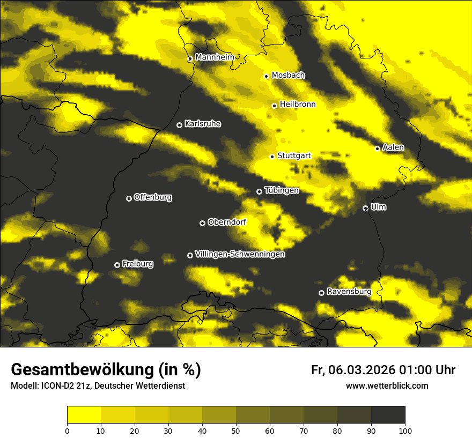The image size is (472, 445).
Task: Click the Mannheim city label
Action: pyautogui.click(x=215, y=57)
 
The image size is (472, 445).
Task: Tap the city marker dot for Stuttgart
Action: pyautogui.click(x=272, y=157)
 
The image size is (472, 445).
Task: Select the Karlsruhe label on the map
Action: pyautogui.click(x=202, y=124)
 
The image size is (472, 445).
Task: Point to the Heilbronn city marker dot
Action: pyautogui.click(x=274, y=106)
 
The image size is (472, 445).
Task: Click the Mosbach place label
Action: pyautogui.click(x=288, y=76)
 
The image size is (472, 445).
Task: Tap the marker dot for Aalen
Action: pyautogui.click(x=377, y=149)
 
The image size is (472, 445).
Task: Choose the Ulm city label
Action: pyautogui.click(x=378, y=207)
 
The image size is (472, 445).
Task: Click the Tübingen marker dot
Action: pyautogui.click(x=259, y=191)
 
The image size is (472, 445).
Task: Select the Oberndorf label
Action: pyautogui.click(x=227, y=222)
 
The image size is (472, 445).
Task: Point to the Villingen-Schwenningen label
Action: pyautogui.click(x=240, y=254)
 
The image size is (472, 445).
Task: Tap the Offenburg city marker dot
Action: pyautogui.click(x=129, y=198)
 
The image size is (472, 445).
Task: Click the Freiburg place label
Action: pyautogui.click(x=137, y=264)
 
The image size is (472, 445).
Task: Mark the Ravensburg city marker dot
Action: pyautogui.click(x=321, y=293)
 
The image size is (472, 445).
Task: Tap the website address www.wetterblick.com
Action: pyautogui.click(x=387, y=385)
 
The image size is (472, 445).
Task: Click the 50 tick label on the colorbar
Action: pyautogui.click(x=236, y=431)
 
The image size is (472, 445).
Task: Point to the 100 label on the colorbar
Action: pyautogui.click(x=404, y=431)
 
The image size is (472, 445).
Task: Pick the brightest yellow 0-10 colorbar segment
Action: pyautogui.click(x=84, y=415)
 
